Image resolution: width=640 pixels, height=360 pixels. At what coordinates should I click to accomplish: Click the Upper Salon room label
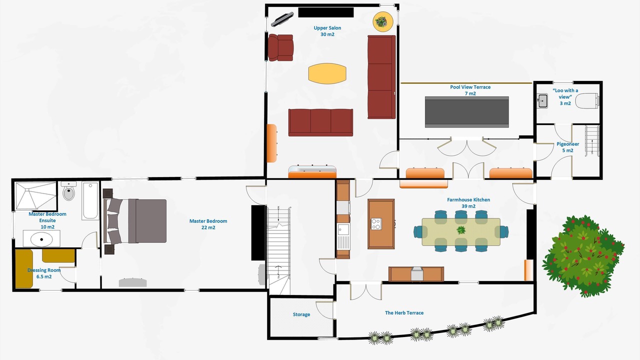pos(327,31)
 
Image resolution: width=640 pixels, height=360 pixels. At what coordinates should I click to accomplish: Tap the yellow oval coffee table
pos(327,73)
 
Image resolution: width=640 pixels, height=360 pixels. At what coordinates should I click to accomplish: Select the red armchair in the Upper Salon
pos(280,47)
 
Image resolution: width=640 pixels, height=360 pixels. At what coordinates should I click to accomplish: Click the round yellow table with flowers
pos(383,21)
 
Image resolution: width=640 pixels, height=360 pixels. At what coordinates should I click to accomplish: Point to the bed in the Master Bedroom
pos(135,221)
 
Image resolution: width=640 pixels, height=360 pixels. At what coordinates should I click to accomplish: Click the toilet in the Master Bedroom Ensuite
pos(68,191)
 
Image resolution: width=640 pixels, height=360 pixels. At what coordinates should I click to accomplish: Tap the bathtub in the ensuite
pos(90,201)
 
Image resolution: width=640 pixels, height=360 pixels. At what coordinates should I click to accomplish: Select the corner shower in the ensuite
pos(35,196)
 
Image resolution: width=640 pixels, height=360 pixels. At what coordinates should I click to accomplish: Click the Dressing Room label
pos(44,273)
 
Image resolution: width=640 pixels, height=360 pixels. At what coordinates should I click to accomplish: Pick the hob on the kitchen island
pos(376,223)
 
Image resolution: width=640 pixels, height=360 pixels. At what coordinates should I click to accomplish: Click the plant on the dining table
pos(461,230)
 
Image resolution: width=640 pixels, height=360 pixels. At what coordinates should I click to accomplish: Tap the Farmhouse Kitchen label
pos(468,203)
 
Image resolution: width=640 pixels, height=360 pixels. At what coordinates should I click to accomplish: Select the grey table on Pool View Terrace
pos(467,112)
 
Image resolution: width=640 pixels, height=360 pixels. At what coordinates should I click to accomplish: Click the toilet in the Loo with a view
pos(587,100)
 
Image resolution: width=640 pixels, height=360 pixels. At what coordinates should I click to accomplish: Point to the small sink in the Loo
pos(542,101)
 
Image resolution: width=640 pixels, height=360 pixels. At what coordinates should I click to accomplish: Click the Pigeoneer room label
pos(567,147)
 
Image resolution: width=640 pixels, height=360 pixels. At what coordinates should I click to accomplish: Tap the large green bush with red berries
pos(583,255)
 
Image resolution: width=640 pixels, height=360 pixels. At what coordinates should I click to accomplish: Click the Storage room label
pos(301,314)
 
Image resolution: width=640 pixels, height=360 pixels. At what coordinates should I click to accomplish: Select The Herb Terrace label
pos(404,313)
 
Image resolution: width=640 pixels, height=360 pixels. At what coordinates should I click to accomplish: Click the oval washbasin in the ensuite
pos(41,239)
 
